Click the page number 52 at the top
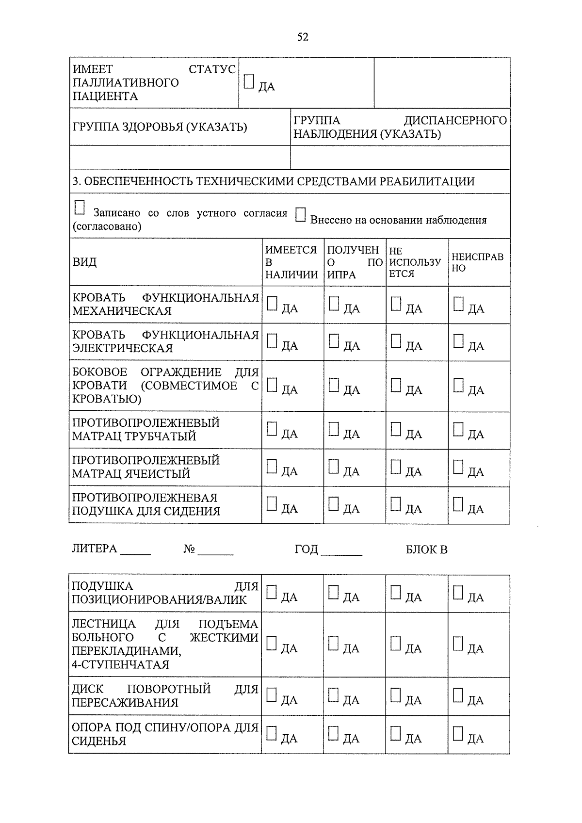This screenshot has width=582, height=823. point(302,37)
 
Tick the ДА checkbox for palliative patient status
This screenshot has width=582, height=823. point(249,82)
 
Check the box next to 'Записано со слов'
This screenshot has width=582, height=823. point(80,209)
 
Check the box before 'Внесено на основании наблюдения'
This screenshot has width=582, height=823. point(301,215)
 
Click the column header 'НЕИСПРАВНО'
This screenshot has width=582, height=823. point(478,262)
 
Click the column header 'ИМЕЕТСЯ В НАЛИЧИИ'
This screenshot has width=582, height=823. point(291,262)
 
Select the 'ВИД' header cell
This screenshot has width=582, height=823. point(85,262)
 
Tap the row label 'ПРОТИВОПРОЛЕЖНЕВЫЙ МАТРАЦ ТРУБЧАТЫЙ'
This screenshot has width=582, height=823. point(145,430)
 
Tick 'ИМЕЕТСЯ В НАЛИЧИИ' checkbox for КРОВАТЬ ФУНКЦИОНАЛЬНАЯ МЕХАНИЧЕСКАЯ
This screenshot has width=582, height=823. point(272,304)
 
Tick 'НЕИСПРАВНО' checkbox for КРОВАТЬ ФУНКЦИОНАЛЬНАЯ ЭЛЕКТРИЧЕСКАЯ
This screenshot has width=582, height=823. point(458,341)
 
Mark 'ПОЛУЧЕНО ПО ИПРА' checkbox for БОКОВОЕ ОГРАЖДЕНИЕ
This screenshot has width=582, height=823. point(334,386)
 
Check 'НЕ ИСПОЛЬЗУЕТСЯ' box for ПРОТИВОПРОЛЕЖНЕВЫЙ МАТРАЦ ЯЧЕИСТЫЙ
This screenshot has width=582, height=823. point(396,467)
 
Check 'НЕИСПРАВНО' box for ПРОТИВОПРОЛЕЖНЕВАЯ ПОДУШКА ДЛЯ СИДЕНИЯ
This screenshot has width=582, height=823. point(458,504)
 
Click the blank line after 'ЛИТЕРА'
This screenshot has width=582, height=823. point(136,550)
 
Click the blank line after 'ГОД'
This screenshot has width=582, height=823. point(341,550)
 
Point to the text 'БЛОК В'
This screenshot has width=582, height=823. point(426,550)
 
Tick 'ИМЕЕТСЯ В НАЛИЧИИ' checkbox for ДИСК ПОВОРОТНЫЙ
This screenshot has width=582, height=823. point(272,695)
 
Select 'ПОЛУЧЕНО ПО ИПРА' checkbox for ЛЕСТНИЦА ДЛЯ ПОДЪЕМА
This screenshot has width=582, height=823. point(333,644)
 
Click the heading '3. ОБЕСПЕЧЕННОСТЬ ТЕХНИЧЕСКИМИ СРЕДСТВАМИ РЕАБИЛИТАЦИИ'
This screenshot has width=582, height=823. point(274,182)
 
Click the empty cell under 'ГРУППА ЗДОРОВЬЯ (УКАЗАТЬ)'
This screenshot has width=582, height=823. point(179,158)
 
